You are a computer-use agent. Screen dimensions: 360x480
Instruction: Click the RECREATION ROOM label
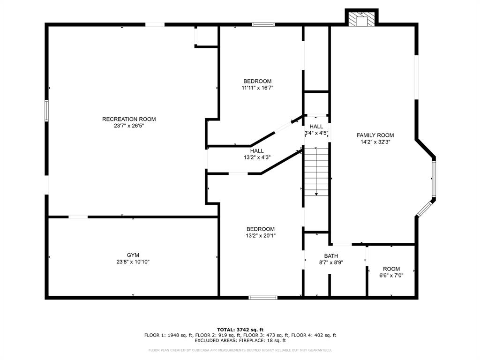click(129, 119)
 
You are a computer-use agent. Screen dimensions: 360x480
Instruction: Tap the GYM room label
click(133, 255)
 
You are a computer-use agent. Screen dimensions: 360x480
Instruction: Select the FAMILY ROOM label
click(375, 135)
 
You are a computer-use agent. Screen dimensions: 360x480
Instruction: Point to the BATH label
click(331, 256)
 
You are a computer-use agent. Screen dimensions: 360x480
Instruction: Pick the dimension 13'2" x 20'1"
click(261, 236)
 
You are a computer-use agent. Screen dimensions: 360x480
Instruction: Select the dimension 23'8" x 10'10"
click(133, 262)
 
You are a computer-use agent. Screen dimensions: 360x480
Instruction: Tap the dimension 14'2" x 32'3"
click(375, 142)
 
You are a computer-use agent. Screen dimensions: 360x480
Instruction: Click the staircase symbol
click(316, 172)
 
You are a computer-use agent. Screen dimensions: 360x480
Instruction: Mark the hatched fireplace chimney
click(362, 20)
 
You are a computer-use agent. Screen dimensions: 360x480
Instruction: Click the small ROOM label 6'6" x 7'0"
click(391, 269)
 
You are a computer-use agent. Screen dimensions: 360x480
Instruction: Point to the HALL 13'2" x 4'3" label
click(257, 151)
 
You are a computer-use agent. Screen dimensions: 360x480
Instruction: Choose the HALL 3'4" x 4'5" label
click(316, 127)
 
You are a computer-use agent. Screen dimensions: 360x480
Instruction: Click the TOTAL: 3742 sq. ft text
click(240, 330)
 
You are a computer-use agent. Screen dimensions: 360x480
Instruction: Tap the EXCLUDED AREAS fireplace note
click(240, 341)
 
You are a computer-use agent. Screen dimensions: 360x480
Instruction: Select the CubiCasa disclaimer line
click(240, 350)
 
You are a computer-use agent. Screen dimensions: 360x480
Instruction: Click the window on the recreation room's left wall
click(46, 111)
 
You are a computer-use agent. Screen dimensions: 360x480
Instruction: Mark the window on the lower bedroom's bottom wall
click(263, 297)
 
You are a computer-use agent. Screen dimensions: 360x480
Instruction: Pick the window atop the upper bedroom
click(263, 24)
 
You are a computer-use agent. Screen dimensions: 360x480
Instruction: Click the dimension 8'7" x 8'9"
click(331, 262)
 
